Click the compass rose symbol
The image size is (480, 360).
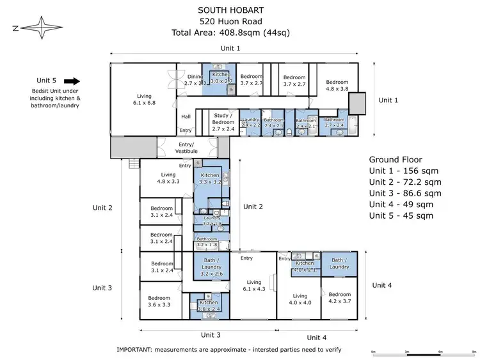tap(42, 27)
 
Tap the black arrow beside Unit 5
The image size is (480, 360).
tap(72, 81)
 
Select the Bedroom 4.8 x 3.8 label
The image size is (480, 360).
tap(337, 86)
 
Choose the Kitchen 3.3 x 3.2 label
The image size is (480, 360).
tap(210, 178)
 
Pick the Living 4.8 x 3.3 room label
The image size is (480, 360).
tap(168, 178)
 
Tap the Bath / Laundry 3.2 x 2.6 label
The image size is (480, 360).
tap(211, 269)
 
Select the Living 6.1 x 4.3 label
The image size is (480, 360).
tap(254, 285)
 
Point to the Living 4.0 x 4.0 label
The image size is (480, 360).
tap(301, 299)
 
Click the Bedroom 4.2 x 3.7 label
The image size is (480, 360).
tap(339, 297)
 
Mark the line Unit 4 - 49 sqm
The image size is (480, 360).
tap(401, 204)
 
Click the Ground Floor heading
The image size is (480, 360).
tap(396, 160)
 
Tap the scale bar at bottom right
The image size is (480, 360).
tap(423, 352)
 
